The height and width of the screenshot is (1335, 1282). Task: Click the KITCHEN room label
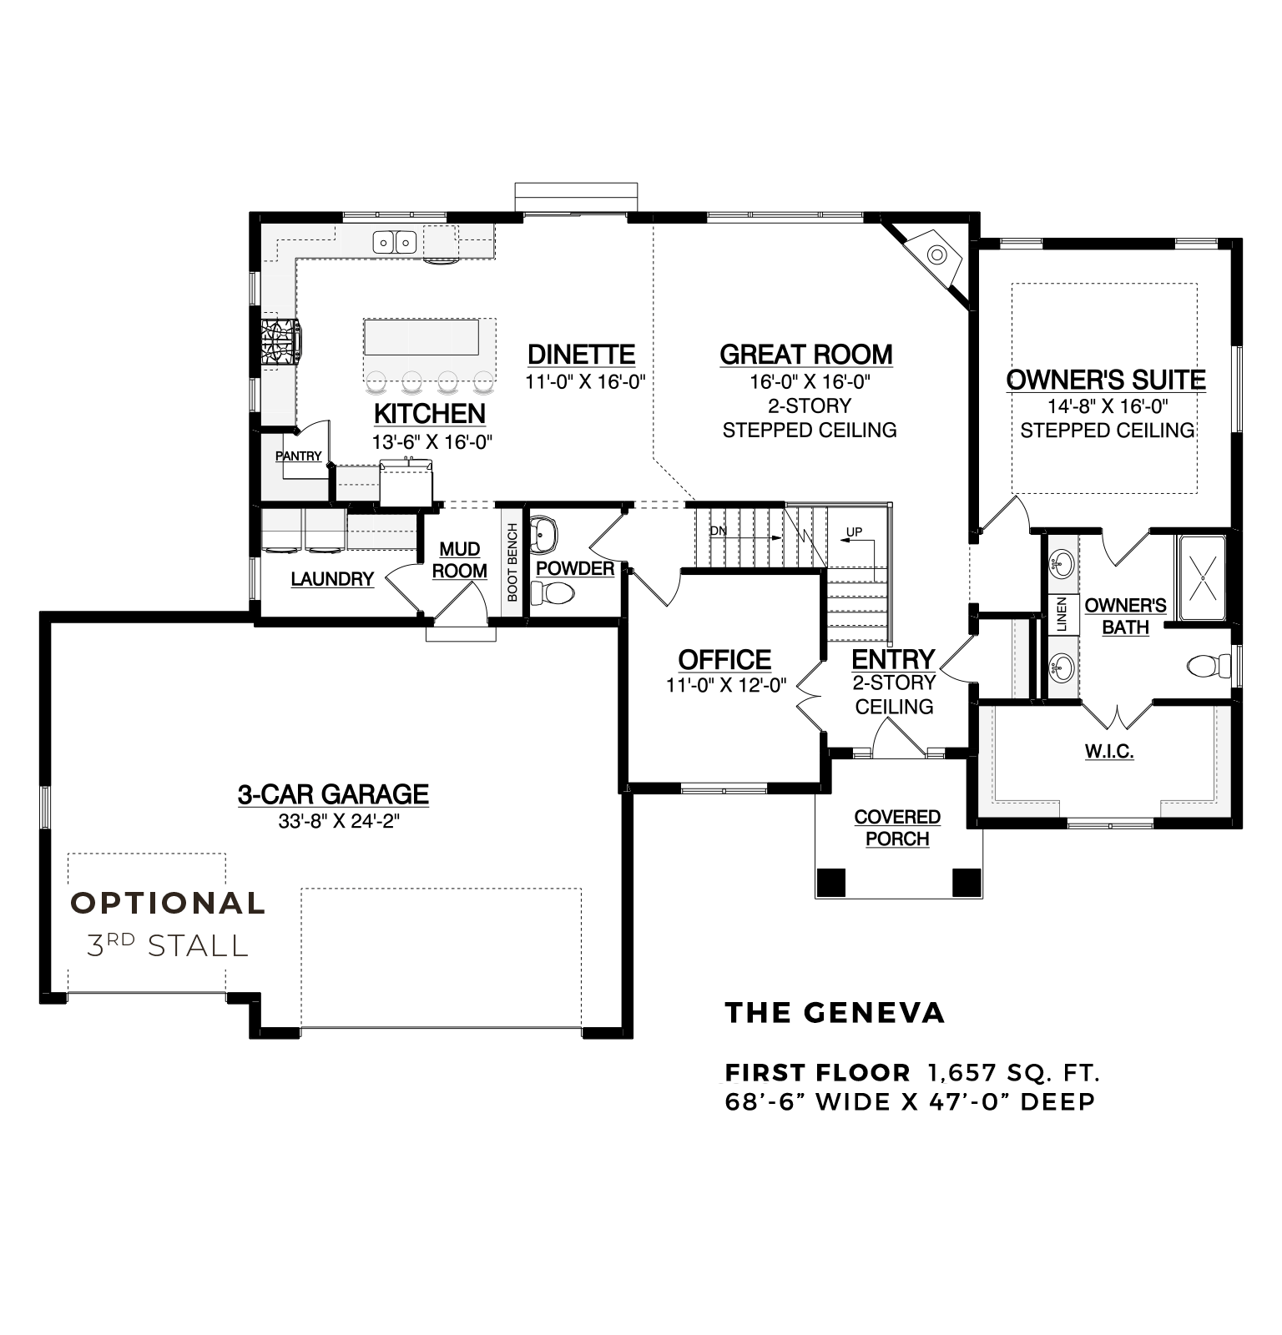coord(430,414)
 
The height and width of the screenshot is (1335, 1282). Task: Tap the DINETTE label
coord(582,355)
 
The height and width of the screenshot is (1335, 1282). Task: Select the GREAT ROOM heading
coord(806,355)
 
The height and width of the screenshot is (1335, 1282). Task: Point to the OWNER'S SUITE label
coord(1107,380)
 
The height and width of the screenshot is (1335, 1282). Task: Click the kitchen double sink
coord(395,242)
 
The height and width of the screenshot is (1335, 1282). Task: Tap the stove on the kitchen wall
coord(281,340)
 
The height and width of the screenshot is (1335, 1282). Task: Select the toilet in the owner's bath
coord(1209,666)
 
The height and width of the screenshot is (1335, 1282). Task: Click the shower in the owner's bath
coord(1202,577)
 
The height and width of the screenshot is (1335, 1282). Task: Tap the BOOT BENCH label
coord(512,562)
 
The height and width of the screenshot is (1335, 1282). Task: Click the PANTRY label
coord(299,456)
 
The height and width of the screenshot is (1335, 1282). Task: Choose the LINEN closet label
coord(1062,616)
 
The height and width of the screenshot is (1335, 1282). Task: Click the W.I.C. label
coord(1109,752)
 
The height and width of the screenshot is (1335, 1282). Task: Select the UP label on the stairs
coord(854,531)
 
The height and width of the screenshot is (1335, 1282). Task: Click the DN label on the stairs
coord(718,531)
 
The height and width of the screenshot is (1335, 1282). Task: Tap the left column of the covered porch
coord(831,881)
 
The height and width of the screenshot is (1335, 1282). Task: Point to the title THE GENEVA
coord(835,1013)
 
